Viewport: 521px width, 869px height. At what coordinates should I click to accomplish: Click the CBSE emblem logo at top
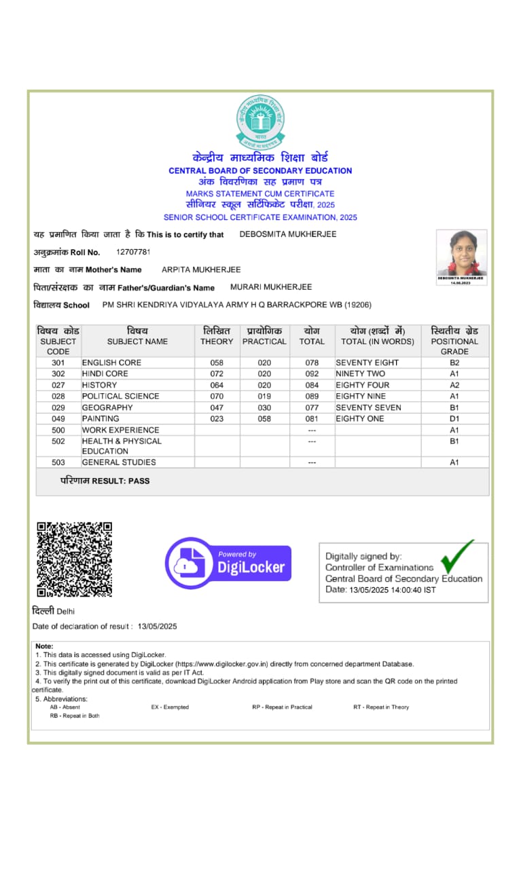261,122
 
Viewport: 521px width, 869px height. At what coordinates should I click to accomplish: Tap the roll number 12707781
133,252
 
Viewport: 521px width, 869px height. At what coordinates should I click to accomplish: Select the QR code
74,559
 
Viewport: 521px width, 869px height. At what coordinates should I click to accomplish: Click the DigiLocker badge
228,563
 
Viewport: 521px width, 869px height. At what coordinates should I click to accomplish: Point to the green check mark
456,557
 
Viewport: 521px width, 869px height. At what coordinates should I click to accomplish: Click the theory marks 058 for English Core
217,363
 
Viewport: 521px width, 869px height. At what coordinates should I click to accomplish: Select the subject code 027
58,385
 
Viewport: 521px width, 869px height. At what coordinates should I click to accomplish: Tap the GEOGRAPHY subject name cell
107,407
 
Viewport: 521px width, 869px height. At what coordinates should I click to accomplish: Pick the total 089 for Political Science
312,396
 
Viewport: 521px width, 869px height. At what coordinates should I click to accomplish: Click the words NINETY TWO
360,373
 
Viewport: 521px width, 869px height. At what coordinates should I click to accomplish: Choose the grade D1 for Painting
454,418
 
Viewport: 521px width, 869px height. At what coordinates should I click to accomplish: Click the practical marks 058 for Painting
264,418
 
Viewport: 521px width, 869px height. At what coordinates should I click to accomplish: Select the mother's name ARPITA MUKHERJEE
201,270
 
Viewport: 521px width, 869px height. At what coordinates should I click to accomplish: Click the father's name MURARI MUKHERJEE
271,287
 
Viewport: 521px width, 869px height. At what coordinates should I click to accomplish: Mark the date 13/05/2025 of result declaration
157,626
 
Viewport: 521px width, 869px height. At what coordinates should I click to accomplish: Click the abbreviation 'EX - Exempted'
170,707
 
